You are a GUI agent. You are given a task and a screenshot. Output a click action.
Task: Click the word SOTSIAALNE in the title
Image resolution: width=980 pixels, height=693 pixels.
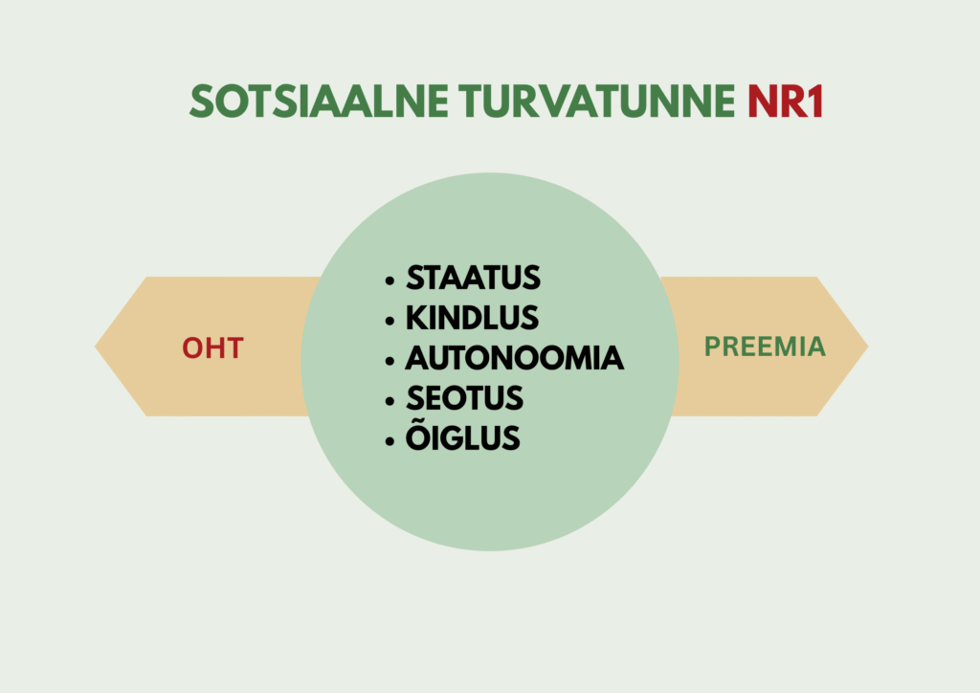tap(319, 101)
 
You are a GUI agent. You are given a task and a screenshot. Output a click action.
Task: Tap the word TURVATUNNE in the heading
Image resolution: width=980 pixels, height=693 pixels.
tap(597, 101)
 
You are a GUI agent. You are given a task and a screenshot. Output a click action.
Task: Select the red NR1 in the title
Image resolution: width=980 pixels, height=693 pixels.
tap(786, 101)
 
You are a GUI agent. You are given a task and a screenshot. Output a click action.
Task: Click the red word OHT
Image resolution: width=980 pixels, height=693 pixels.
tap(212, 348)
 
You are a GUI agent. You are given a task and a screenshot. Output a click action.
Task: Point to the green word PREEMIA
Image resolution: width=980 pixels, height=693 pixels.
tap(765, 346)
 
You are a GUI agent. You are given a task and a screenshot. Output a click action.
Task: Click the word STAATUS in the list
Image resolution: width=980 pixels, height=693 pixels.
tap(473, 279)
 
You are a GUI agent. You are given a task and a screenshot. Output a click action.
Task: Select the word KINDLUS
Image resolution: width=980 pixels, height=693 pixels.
tap(472, 318)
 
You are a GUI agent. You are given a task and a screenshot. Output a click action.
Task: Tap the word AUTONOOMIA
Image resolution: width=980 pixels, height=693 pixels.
tap(514, 358)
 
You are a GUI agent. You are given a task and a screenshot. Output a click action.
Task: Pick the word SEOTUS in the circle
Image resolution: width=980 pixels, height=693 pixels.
tap(464, 398)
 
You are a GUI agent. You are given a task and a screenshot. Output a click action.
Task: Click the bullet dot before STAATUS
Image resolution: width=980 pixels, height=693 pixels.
tap(390, 280)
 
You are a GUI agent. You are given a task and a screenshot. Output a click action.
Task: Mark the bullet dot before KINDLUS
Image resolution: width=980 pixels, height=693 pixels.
tap(390, 321)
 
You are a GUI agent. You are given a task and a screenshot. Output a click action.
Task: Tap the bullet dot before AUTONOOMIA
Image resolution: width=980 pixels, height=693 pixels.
tap(390, 361)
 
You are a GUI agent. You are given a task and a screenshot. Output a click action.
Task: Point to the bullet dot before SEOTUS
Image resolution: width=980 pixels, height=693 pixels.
tap(390, 400)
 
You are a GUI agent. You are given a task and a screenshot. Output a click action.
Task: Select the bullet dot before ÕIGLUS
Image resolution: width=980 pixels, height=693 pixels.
tap(390, 440)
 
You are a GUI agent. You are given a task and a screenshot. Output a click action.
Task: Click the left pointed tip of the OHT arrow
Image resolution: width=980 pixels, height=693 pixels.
tap(95, 346)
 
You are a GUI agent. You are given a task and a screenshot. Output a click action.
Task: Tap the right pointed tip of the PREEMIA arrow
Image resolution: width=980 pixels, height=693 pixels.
tap(868, 346)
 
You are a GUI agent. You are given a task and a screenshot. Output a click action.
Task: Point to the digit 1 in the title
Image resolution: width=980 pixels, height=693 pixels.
tap(815, 101)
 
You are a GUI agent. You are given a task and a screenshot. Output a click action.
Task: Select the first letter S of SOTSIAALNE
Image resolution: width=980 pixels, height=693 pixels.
tap(202, 101)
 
